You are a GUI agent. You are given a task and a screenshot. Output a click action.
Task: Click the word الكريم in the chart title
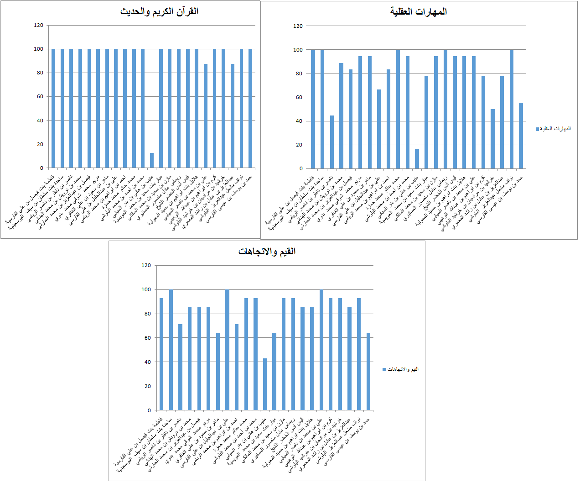(173, 11)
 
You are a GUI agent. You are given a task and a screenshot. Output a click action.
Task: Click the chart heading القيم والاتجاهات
(267, 252)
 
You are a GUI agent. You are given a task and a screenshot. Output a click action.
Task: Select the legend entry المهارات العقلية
(555, 129)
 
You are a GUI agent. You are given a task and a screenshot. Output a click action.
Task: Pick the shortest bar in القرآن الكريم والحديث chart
(152, 160)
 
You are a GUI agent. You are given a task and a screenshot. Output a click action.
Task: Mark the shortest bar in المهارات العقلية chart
(417, 158)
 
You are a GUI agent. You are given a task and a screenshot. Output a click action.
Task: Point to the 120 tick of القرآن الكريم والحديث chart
(38, 25)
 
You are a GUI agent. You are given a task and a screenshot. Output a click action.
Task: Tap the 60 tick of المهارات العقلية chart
(298, 97)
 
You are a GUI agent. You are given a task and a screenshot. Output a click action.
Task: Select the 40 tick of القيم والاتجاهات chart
(147, 362)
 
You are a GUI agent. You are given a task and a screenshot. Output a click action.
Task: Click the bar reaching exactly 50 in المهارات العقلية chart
(492, 139)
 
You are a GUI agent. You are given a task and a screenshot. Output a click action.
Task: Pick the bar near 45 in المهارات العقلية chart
(332, 142)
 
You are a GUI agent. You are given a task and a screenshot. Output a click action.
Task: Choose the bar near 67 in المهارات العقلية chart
(379, 129)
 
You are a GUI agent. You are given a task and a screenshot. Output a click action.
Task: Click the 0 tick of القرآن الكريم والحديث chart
(41, 168)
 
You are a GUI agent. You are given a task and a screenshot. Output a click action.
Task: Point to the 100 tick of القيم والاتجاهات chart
(146, 289)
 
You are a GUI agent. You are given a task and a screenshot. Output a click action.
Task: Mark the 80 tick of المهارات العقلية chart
(298, 73)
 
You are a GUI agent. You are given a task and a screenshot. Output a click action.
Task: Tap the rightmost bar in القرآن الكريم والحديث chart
(250, 108)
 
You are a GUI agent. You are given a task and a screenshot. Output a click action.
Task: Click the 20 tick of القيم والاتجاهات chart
(147, 386)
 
